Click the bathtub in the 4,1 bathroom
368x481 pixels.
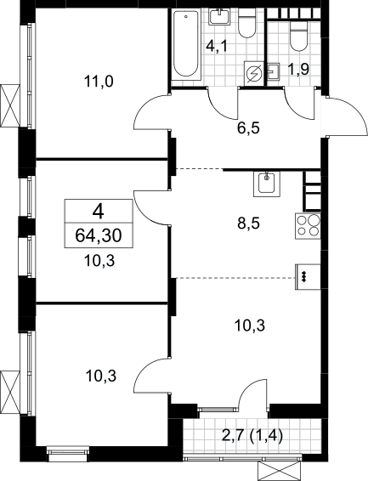186,44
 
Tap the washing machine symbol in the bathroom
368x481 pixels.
253,74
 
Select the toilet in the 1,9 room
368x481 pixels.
298,37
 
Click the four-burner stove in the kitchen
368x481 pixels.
308,226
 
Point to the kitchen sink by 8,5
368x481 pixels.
267,184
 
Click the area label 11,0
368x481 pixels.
99,82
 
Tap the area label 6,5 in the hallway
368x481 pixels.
248,128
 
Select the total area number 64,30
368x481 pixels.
99,235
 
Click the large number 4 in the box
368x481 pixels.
99,212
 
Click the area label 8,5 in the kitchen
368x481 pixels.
248,224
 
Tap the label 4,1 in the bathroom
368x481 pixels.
217,48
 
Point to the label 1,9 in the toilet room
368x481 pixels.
298,70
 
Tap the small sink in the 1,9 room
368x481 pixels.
274,72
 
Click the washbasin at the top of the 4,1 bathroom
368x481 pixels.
220,16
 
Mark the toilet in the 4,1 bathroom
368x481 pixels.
246,23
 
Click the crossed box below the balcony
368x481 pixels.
279,471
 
